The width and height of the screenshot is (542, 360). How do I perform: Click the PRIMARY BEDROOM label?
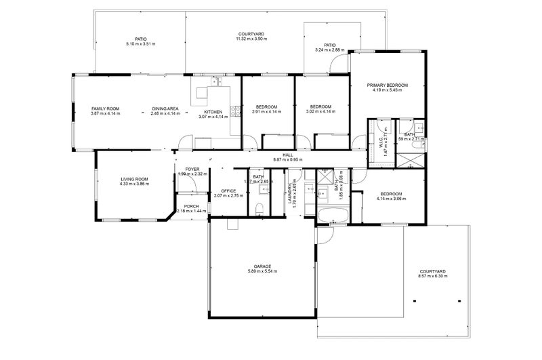point(388,85)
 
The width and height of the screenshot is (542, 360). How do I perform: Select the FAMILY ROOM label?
point(105,108)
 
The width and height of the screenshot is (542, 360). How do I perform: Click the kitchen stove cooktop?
point(235,113)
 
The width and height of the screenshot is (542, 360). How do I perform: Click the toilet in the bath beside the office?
point(261,208)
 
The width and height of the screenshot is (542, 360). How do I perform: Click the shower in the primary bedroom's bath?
point(410,161)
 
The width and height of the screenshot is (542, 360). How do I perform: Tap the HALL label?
point(287,155)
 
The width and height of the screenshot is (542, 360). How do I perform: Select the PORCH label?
point(192,206)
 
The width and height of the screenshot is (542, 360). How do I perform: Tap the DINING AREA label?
point(165,108)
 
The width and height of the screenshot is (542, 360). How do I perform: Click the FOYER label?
point(192,169)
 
